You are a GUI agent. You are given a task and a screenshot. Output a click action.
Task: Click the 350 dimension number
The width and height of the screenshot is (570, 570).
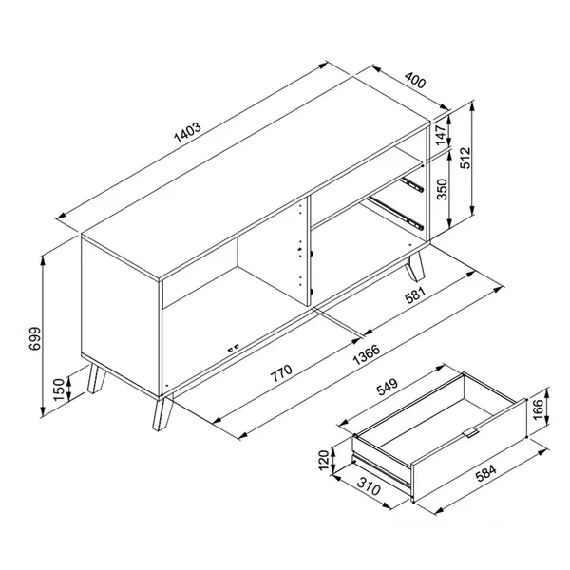(x=440, y=189)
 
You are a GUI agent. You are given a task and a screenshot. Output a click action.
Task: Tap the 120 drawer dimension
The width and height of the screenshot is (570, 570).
(x=323, y=462)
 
